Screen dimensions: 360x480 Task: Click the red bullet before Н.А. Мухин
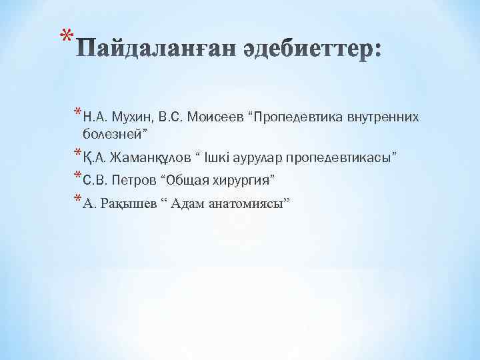coord(78,113)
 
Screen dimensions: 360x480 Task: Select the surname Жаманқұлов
coord(145,158)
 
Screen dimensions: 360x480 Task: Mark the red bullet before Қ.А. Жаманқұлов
coord(78,153)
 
